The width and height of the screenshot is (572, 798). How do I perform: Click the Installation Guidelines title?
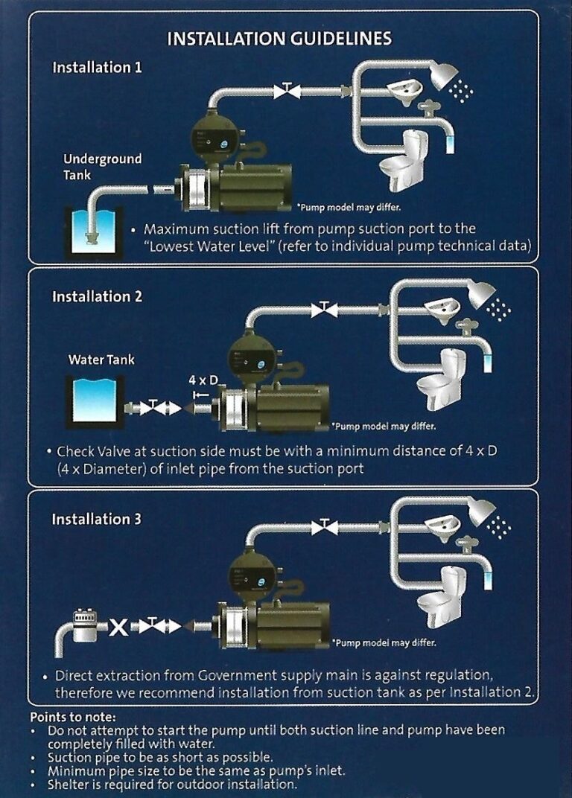(x=279, y=39)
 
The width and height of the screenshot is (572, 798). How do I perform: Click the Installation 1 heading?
(x=97, y=68)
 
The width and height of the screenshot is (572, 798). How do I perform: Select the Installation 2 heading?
(x=97, y=297)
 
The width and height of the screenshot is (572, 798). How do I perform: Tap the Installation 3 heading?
(x=96, y=520)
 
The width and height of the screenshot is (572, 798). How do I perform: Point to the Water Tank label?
(x=101, y=360)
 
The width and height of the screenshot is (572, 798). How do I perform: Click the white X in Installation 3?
(x=118, y=627)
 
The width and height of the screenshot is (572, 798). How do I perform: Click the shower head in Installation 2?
(x=483, y=295)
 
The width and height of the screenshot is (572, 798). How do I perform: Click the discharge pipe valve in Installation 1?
(x=286, y=91)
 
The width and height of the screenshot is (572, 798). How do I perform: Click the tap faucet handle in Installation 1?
(x=429, y=106)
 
